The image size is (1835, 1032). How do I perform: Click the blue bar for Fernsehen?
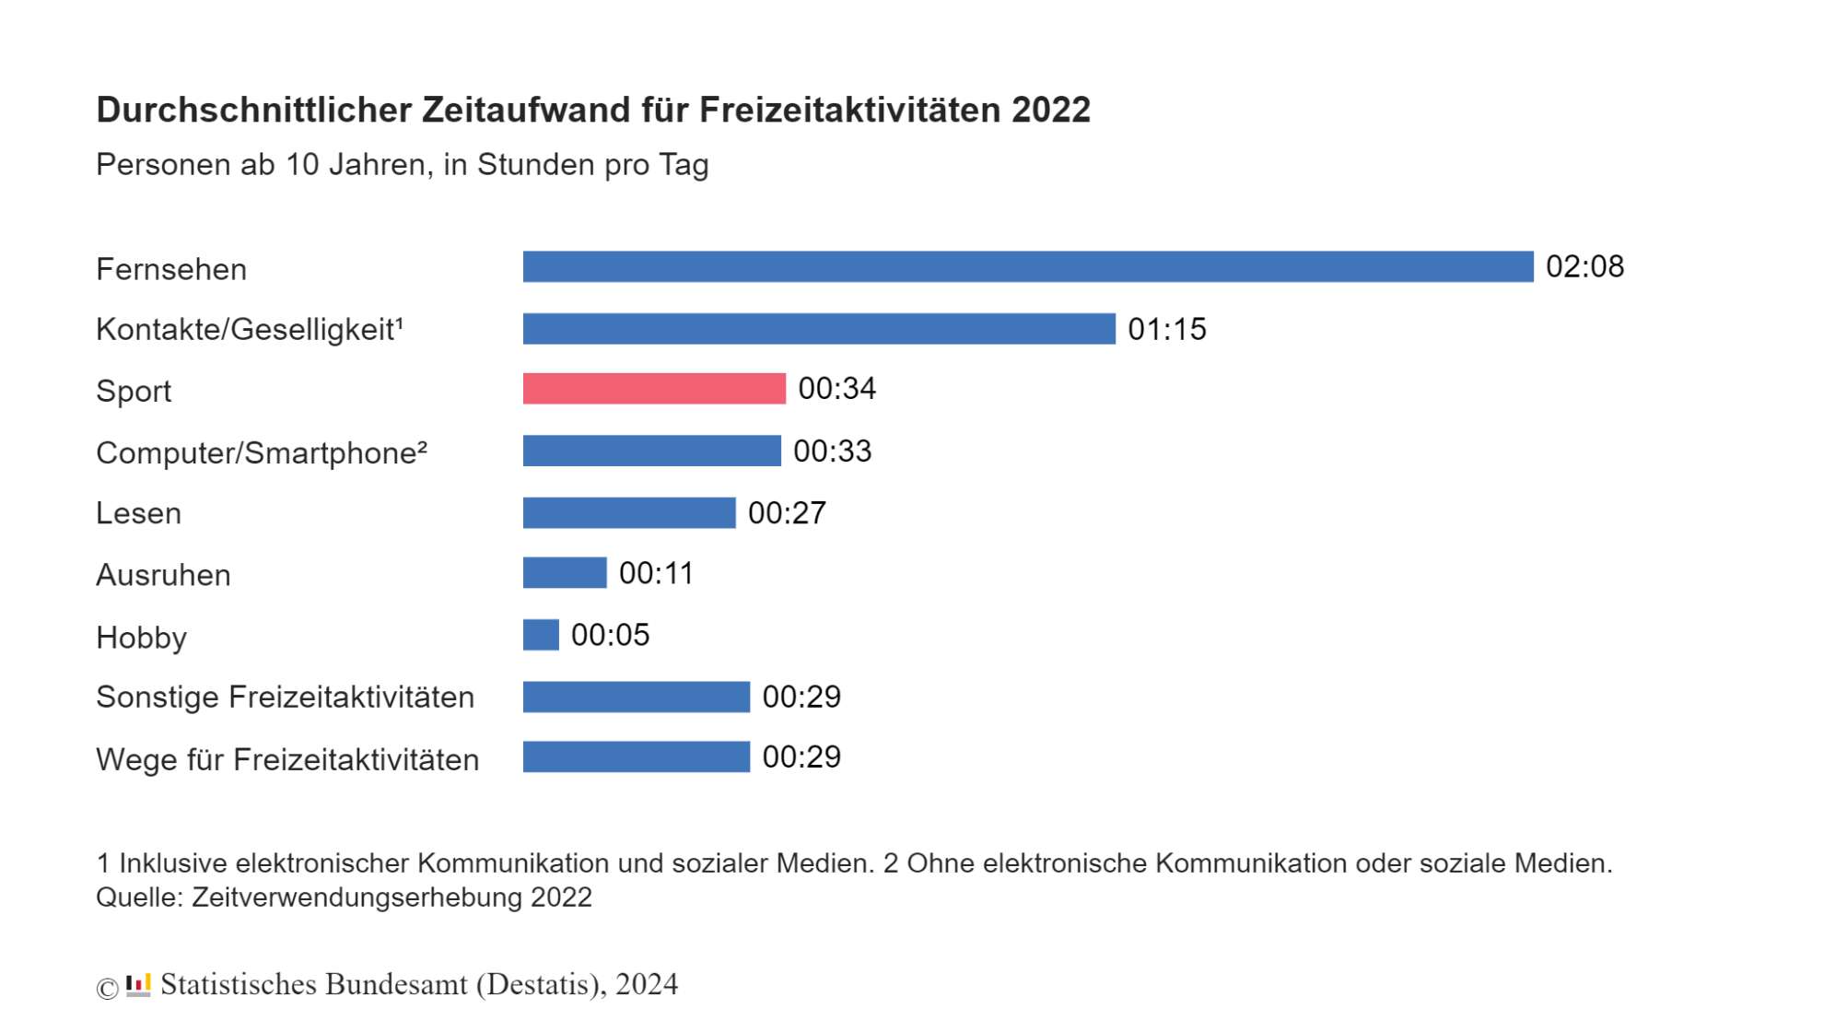click(x=1027, y=266)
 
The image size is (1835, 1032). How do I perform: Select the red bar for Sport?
click(x=654, y=389)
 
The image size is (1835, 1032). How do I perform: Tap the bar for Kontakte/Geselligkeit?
click(x=819, y=329)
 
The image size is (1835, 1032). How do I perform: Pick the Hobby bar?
click(x=541, y=635)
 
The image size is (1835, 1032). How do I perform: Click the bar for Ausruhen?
click(x=565, y=573)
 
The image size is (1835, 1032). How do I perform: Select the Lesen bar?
click(x=629, y=513)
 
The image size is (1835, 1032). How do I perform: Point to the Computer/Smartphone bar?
click(x=651, y=451)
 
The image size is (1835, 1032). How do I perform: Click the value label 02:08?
click(x=1584, y=266)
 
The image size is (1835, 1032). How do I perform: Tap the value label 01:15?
click(x=1166, y=329)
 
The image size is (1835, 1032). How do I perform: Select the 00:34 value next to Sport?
click(x=836, y=389)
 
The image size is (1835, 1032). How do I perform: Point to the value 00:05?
click(x=610, y=635)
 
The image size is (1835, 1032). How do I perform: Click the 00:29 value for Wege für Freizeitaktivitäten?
click(x=801, y=757)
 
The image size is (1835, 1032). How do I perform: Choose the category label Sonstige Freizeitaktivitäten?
click(x=285, y=698)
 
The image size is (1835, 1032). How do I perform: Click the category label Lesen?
click(x=138, y=513)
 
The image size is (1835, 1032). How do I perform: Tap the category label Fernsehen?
click(x=171, y=269)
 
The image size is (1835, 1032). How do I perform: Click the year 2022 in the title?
click(x=1050, y=110)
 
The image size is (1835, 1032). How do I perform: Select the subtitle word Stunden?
click(x=535, y=165)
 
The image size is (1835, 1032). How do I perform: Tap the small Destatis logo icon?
click(x=138, y=985)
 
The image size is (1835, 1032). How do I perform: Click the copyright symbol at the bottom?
click(x=107, y=988)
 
